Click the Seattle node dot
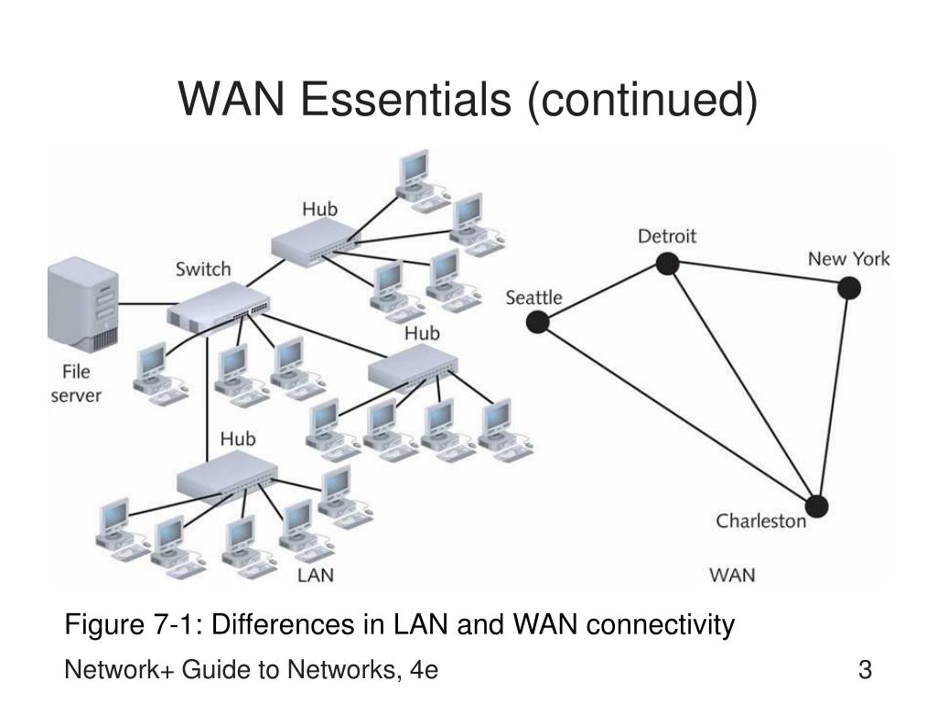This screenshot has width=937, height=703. point(537,322)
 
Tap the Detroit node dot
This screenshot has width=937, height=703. point(667,263)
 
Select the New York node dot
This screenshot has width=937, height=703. point(848,288)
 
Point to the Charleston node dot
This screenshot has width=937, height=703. point(816,506)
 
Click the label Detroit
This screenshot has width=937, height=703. point(667,236)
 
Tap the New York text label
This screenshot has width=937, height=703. point(848,259)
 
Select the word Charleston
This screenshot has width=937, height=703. point(760,521)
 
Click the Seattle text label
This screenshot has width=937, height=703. point(533,297)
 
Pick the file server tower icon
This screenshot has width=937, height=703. point(83,305)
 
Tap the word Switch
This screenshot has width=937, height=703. point(203,269)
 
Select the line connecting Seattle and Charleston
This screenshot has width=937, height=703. point(676,415)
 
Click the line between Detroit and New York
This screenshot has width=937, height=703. point(759,276)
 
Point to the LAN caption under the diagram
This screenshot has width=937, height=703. point(316,575)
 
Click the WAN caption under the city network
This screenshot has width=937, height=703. point(732,575)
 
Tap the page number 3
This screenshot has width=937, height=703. point(865,669)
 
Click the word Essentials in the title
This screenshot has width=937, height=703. point(405,99)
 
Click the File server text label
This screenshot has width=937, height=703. point(76,384)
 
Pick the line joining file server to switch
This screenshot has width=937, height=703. point(148,304)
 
